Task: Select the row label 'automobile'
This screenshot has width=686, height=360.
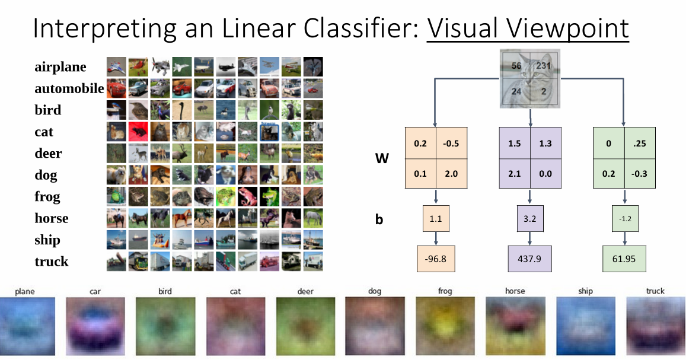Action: (x=69, y=89)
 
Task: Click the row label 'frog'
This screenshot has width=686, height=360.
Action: (x=47, y=197)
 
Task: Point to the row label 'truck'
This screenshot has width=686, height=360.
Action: (x=51, y=262)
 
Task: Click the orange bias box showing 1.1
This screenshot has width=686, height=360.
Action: (x=436, y=219)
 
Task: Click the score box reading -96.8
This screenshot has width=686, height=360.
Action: (x=436, y=259)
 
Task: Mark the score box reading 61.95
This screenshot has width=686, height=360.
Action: (x=624, y=259)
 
